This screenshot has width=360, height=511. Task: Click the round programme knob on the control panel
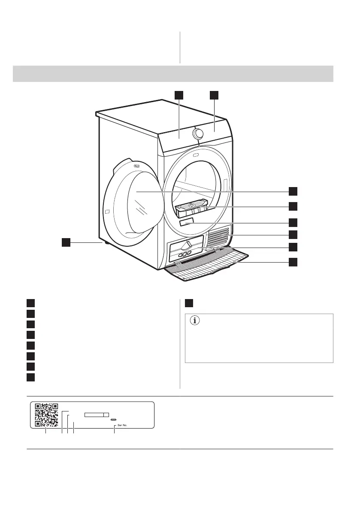click(198, 133)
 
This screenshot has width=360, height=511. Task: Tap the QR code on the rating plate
click(46, 415)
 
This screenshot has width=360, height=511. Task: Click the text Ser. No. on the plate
click(123, 426)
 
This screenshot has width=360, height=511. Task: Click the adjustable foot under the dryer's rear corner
click(104, 243)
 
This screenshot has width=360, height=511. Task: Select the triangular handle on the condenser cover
click(185, 245)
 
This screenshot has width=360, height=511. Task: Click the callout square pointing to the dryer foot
click(65, 243)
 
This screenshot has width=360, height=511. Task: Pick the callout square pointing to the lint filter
click(293, 206)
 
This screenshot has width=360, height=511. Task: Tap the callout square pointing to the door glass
click(293, 190)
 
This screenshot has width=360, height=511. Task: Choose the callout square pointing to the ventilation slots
click(293, 234)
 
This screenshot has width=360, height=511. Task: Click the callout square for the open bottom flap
click(293, 262)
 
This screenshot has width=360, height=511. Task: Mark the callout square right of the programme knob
click(214, 95)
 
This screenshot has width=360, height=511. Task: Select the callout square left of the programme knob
click(179, 95)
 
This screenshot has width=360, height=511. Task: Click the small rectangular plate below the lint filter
click(187, 224)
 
